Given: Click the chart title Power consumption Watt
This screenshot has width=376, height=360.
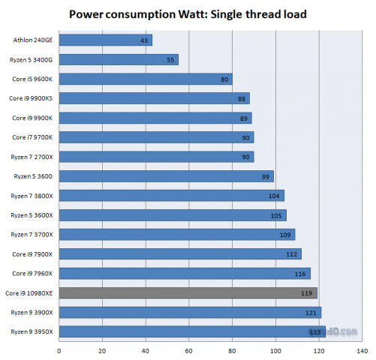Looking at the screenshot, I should click(188, 14).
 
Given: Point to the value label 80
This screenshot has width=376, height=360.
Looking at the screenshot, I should click(224, 79).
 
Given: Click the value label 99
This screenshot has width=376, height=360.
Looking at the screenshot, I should click(266, 176).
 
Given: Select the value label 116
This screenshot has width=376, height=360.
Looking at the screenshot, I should click(302, 274).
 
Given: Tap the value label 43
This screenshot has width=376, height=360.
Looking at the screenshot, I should click(144, 40).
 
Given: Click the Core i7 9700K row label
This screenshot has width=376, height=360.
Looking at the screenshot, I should click(30, 137).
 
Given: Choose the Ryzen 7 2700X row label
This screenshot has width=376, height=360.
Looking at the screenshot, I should click(30, 157).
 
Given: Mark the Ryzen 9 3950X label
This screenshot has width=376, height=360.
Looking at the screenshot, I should click(30, 331).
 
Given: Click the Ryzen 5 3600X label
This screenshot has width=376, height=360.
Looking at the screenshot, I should click(30, 215).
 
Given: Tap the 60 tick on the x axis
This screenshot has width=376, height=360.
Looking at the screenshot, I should click(189, 349).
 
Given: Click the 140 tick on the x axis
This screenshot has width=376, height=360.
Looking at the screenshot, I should click(362, 349).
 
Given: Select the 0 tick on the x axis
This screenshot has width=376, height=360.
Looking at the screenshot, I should click(59, 349).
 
